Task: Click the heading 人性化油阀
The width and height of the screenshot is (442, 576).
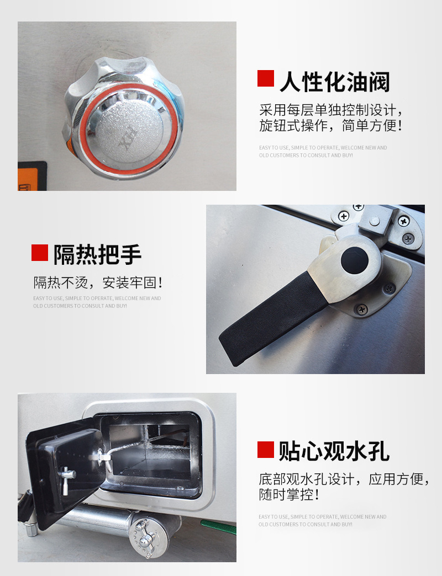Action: tap(335, 82)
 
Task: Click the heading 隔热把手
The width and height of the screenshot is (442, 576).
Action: tap(98, 254)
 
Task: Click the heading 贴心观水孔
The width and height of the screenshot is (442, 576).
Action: tap(334, 451)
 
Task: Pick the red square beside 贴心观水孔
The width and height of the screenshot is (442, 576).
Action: tap(266, 450)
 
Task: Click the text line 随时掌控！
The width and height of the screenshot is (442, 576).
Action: tap(289, 495)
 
